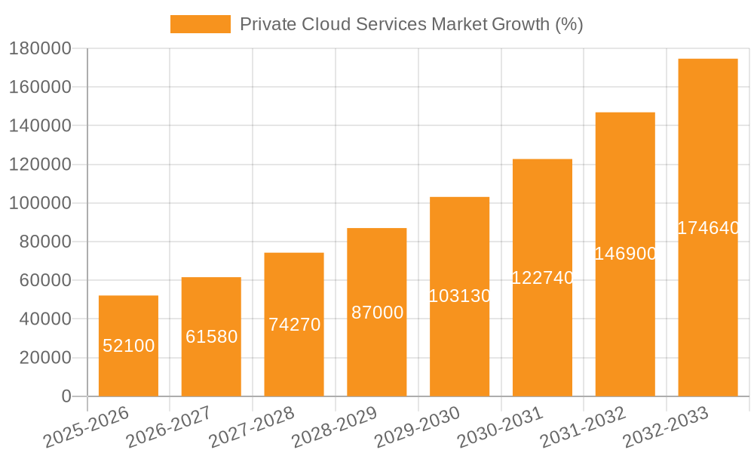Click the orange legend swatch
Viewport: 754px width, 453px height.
tap(200, 24)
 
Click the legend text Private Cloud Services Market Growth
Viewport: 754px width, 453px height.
tap(411, 24)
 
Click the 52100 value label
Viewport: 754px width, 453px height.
tap(128, 346)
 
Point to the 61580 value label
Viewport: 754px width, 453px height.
tap(211, 337)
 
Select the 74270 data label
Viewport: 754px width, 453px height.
tap(294, 325)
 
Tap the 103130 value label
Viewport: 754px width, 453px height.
tap(459, 296)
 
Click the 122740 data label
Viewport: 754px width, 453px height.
tap(542, 278)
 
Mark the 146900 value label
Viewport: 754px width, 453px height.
tap(625, 254)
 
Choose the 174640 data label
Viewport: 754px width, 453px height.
tap(707, 228)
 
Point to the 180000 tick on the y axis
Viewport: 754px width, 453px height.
tap(39, 49)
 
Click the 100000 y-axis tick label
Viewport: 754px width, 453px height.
tap(39, 203)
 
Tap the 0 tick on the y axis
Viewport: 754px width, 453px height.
tap(66, 396)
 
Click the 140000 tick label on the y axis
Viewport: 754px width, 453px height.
tap(39, 126)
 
